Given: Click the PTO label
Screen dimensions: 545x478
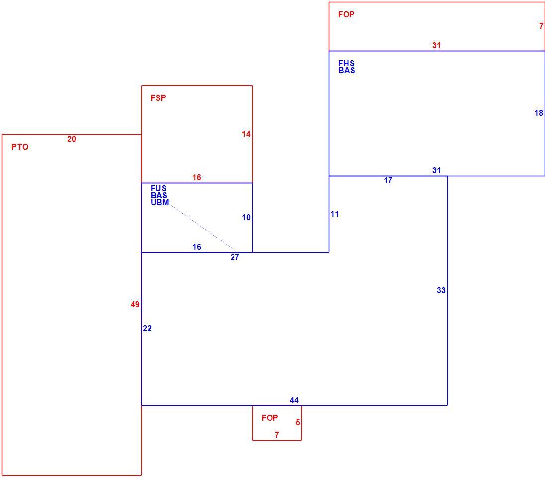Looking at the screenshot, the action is (20, 147).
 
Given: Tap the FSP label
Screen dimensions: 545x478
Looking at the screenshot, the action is (158, 98).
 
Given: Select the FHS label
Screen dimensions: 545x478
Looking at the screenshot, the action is (347, 63).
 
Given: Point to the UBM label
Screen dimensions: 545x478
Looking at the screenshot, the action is (160, 202).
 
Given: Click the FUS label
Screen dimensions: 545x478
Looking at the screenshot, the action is (158, 188).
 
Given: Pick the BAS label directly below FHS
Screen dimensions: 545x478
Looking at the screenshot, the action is (347, 70).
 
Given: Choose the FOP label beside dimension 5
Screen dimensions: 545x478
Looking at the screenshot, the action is (270, 418).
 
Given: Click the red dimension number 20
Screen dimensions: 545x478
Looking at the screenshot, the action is (71, 139).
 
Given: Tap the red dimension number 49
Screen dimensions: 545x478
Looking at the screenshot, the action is (135, 305).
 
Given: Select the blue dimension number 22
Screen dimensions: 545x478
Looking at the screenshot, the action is (147, 329).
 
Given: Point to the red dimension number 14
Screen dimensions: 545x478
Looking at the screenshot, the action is (246, 134).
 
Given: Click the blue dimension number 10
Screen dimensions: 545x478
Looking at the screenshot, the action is (246, 218).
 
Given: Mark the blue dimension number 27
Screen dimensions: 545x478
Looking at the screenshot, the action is (235, 257).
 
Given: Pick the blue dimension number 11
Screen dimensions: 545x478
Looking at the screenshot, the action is (335, 214).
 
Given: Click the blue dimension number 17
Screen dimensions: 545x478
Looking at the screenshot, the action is (388, 181).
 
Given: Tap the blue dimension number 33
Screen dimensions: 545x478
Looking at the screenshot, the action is (441, 291).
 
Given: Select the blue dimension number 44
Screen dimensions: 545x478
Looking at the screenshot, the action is (294, 400).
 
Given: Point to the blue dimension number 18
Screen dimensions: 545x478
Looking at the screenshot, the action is (539, 113).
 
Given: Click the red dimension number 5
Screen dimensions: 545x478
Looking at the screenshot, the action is (298, 423).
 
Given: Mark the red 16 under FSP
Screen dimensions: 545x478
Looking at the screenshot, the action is (197, 178).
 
